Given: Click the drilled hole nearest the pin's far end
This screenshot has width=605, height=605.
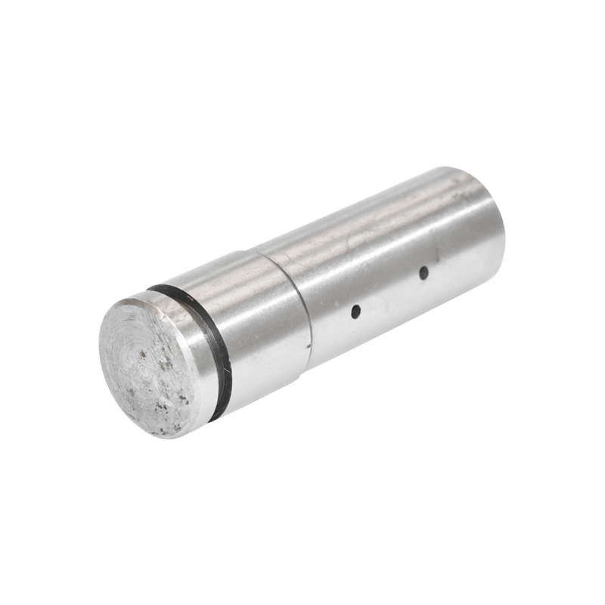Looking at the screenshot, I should point(423,272).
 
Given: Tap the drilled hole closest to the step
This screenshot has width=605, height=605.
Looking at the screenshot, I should point(355,311).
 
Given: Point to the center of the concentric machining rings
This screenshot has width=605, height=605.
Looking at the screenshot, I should point(142,355).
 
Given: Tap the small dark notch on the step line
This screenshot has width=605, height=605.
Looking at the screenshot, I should point(309,348).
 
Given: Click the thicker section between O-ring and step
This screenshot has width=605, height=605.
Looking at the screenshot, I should point(257,325).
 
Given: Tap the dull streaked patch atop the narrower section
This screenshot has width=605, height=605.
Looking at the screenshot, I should point(355,242).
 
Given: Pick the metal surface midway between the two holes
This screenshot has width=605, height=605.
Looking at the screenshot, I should point(389,291).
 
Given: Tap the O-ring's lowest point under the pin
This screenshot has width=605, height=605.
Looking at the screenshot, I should point(216,417).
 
